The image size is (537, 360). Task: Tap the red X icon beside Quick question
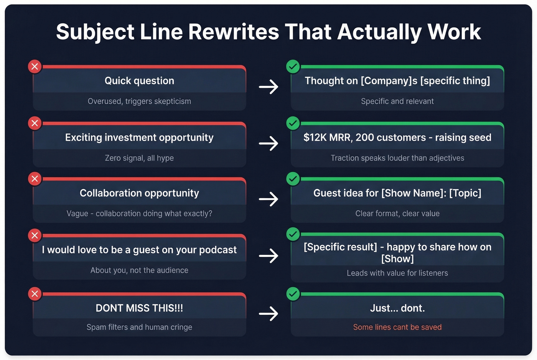click(x=35, y=67)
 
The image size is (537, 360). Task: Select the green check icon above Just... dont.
click(x=293, y=294)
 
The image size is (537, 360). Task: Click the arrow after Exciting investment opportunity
click(x=268, y=143)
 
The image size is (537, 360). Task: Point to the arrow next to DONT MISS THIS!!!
click(x=268, y=314)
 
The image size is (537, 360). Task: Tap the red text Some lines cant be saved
click(x=397, y=327)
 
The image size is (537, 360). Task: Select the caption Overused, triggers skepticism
click(x=139, y=101)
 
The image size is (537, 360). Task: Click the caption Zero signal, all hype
click(x=139, y=158)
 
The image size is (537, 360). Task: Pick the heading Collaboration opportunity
click(x=139, y=193)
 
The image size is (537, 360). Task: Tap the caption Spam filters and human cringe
click(x=139, y=327)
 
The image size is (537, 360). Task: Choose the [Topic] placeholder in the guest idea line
click(x=465, y=193)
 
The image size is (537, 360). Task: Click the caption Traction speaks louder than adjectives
click(x=397, y=158)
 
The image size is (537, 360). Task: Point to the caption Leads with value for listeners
click(x=397, y=273)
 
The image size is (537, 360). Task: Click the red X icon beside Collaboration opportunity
click(x=35, y=179)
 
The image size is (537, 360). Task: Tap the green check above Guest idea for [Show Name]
click(x=293, y=179)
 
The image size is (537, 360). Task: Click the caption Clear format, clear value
click(x=397, y=214)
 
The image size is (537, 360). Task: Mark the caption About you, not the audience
click(x=139, y=270)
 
